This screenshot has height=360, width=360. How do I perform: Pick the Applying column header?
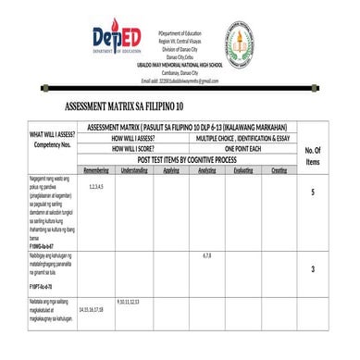(x=171, y=171)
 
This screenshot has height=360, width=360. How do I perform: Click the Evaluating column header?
(x=244, y=171)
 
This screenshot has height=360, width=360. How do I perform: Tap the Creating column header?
(x=279, y=171)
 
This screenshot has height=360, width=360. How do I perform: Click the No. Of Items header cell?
(x=313, y=155)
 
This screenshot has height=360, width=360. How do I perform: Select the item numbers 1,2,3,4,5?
(x=96, y=187)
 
